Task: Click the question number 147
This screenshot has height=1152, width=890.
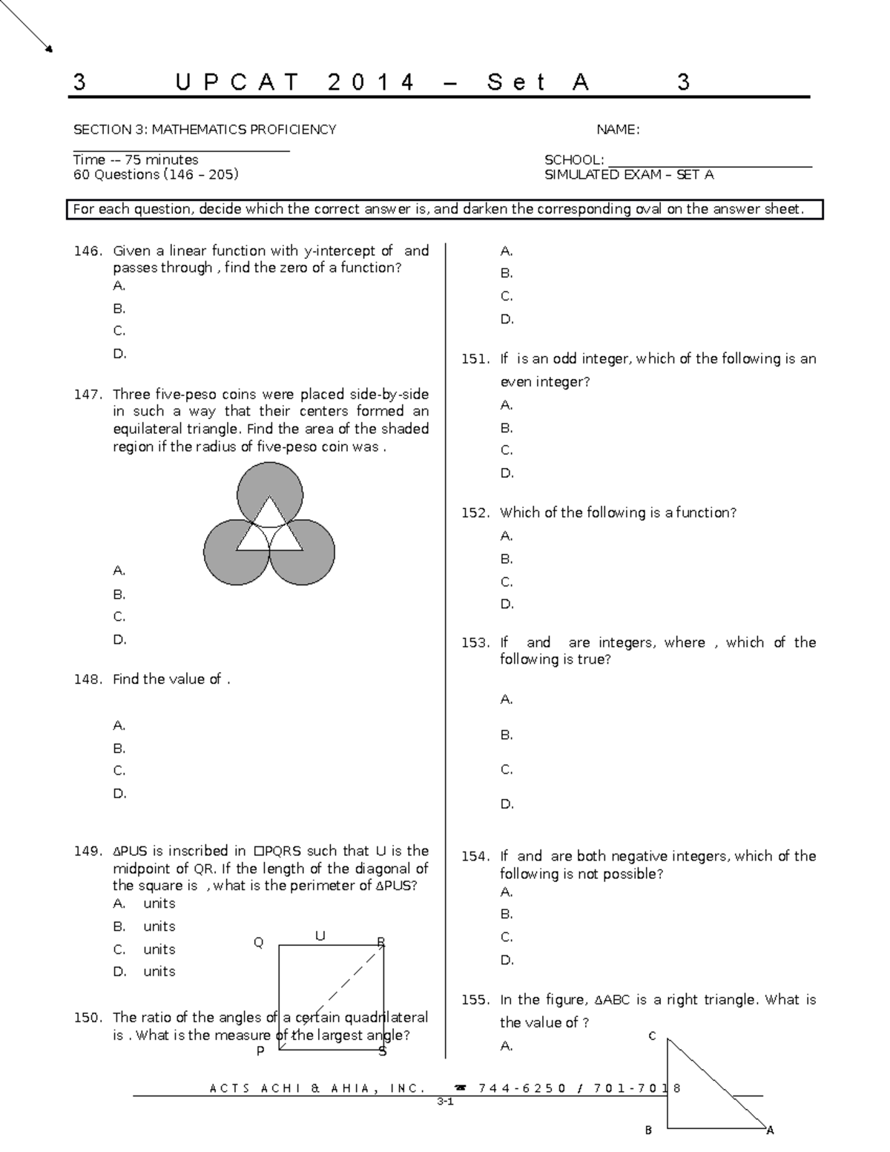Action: click(x=88, y=395)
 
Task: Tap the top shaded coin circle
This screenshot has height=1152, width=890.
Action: click(x=269, y=480)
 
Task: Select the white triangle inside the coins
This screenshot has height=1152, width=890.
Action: click(x=269, y=530)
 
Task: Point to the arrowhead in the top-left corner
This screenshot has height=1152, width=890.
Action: click(x=49, y=50)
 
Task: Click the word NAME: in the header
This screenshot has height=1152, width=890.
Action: click(x=618, y=130)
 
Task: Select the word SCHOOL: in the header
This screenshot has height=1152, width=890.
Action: click(x=574, y=160)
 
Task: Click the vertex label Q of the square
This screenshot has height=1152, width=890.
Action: click(x=259, y=943)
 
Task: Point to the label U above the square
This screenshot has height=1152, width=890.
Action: click(x=320, y=936)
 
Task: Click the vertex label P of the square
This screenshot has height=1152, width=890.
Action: click(x=260, y=1051)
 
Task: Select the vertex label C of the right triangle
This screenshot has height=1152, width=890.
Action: click(x=652, y=1036)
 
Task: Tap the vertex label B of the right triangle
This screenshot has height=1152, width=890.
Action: click(x=648, y=1130)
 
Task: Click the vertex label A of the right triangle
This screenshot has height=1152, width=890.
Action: click(x=770, y=1130)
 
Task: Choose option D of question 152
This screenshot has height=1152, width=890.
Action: click(x=507, y=604)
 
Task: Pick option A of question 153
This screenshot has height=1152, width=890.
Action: click(x=507, y=700)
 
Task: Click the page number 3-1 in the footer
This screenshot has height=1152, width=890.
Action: click(x=445, y=1102)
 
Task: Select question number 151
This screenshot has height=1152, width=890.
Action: click(x=475, y=359)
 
